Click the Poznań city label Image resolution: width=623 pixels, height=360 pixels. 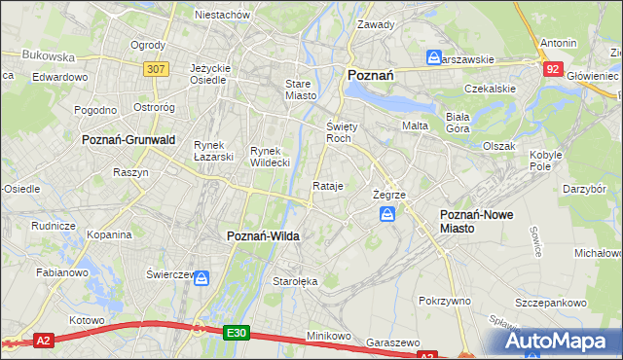[x=370, y=75]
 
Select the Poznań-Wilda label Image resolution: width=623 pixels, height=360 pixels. [x=263, y=236]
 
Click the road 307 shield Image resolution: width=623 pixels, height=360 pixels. [x=155, y=69]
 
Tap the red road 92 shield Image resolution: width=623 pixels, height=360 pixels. [x=553, y=69]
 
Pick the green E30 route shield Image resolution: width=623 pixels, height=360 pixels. [x=236, y=332]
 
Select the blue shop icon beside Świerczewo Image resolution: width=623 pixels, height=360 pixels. [x=202, y=278]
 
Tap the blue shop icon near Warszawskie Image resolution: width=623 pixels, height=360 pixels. [x=434, y=58]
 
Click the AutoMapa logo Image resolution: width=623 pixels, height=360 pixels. [x=557, y=341]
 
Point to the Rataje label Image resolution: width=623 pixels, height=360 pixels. [x=328, y=186]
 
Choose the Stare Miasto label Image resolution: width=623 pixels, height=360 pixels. [x=298, y=90]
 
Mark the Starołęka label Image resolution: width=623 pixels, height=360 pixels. [x=291, y=282]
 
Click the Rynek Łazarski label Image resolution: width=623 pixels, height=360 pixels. [x=213, y=151]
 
